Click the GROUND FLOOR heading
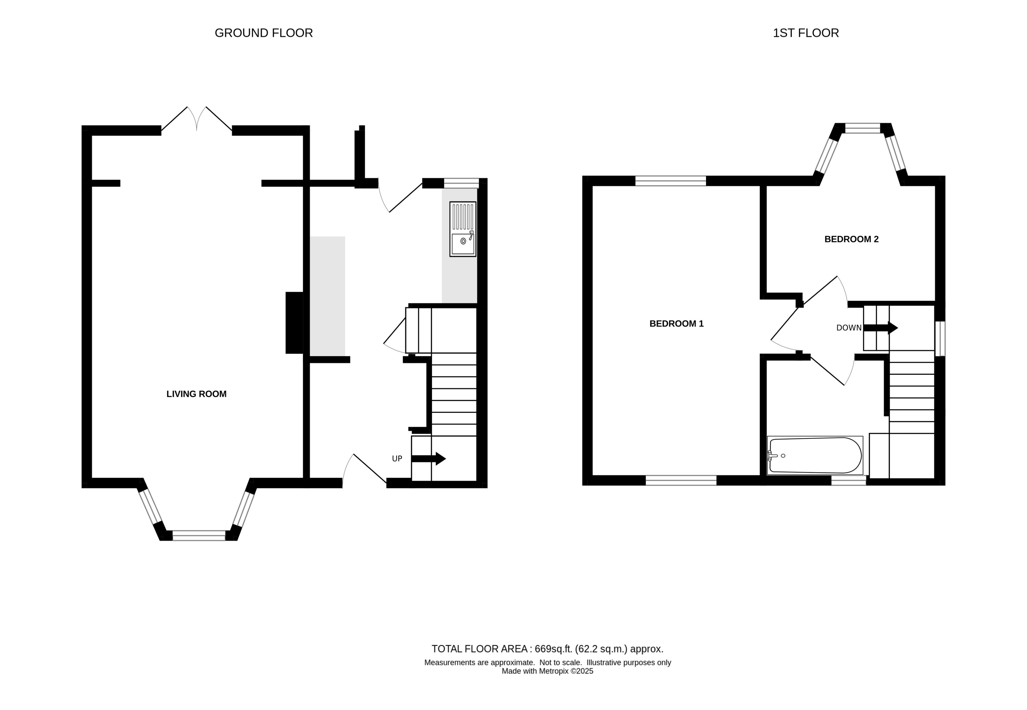(x=263, y=33)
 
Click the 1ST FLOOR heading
(x=805, y=33)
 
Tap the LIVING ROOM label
(x=196, y=394)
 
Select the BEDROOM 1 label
(x=676, y=324)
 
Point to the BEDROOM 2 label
(x=851, y=239)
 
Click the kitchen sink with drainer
(x=463, y=229)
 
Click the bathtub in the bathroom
(x=815, y=455)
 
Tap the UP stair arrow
(x=428, y=459)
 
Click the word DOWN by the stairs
(x=849, y=328)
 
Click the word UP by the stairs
(x=397, y=459)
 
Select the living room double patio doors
(x=197, y=119)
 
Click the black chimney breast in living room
(x=294, y=323)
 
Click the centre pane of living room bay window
(x=199, y=536)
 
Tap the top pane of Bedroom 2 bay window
(x=862, y=128)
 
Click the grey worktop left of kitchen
(x=327, y=296)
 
